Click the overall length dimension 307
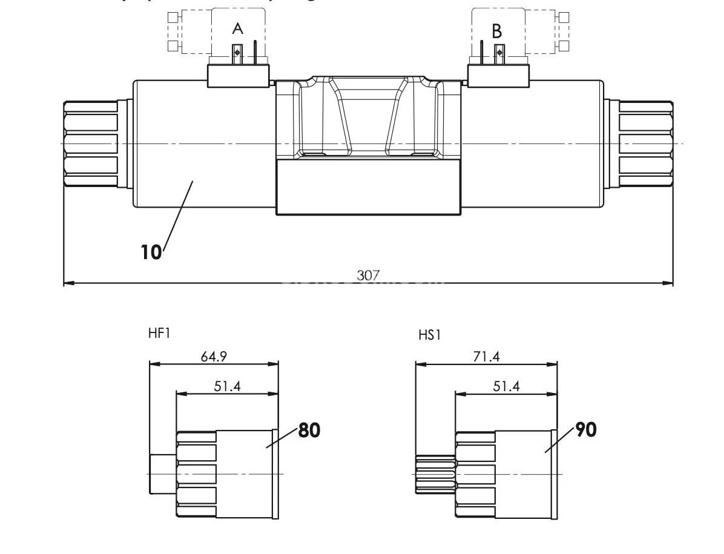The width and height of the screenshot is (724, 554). pyautogui.click(x=368, y=275)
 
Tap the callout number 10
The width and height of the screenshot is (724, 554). pyautogui.click(x=152, y=252)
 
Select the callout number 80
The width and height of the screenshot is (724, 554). pyautogui.click(x=309, y=430)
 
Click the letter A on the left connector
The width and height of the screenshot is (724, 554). pyautogui.click(x=238, y=29)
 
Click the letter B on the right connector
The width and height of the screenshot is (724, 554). pyautogui.click(x=497, y=30)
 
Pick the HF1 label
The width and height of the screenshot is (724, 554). pyautogui.click(x=159, y=333)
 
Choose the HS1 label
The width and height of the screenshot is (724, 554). pyautogui.click(x=430, y=335)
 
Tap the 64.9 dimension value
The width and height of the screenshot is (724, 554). pyautogui.click(x=214, y=357)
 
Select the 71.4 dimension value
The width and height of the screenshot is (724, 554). pyautogui.click(x=486, y=357)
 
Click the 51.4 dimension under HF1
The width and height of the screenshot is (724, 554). pyautogui.click(x=227, y=386)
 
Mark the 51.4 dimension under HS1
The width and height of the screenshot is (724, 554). pyautogui.click(x=506, y=386)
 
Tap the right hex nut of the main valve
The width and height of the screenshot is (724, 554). pyautogui.click(x=646, y=144)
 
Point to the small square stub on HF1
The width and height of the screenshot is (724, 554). pyautogui.click(x=162, y=474)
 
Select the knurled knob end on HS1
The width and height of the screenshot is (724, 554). pyautogui.click(x=435, y=474)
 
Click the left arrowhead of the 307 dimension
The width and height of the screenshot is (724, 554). pyautogui.click(x=68, y=283)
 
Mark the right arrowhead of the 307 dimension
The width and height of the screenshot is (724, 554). pyautogui.click(x=669, y=283)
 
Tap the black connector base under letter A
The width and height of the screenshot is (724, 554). pyautogui.click(x=239, y=76)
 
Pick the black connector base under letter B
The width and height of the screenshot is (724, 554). pyautogui.click(x=499, y=76)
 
